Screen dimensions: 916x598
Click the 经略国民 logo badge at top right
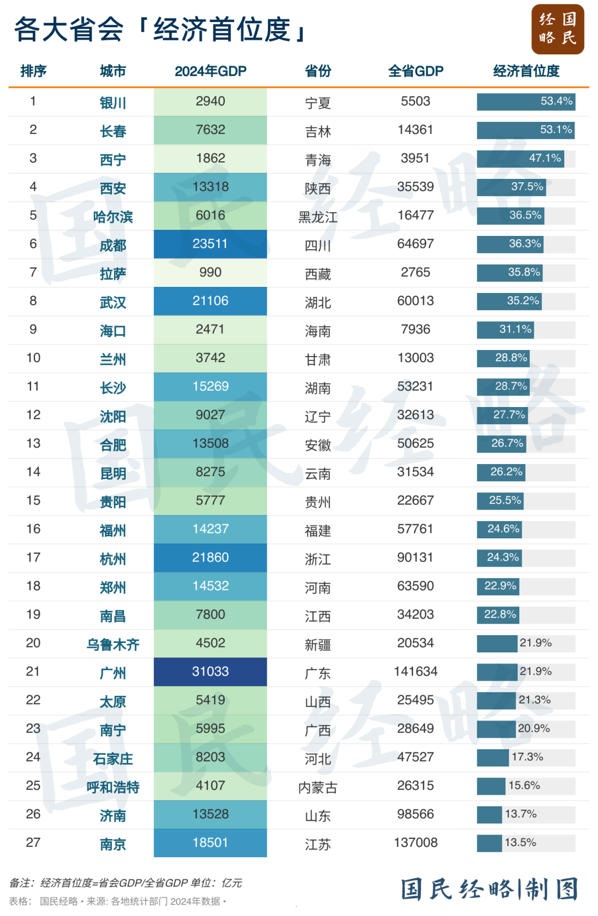pos(558,29)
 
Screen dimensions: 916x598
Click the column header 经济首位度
pos(526,71)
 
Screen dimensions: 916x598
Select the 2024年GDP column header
pos(210,71)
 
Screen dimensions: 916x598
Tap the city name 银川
pos(113,103)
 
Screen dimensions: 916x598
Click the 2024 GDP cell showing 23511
pos(210,244)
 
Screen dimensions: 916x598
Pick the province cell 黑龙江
pos(318,217)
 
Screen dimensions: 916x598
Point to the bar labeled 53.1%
pos(525,130)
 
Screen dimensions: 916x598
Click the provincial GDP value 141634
pos(415,672)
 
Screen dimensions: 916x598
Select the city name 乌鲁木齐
pos(113,645)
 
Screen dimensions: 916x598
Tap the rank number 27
pos(33,843)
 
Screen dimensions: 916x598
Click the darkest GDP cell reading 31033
pos(210,672)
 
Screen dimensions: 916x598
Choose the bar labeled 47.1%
pos(520,158)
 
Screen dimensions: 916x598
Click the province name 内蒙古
pos(318,788)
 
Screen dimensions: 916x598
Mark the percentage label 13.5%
pos(520,843)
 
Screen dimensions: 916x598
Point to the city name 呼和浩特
pos(113,788)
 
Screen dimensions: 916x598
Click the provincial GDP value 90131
pos(415,558)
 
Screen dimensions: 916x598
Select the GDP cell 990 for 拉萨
pos(210,272)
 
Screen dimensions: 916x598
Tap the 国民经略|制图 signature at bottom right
pos(489,889)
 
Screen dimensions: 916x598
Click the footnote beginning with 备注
pos(126,883)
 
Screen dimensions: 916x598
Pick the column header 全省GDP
pos(415,71)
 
